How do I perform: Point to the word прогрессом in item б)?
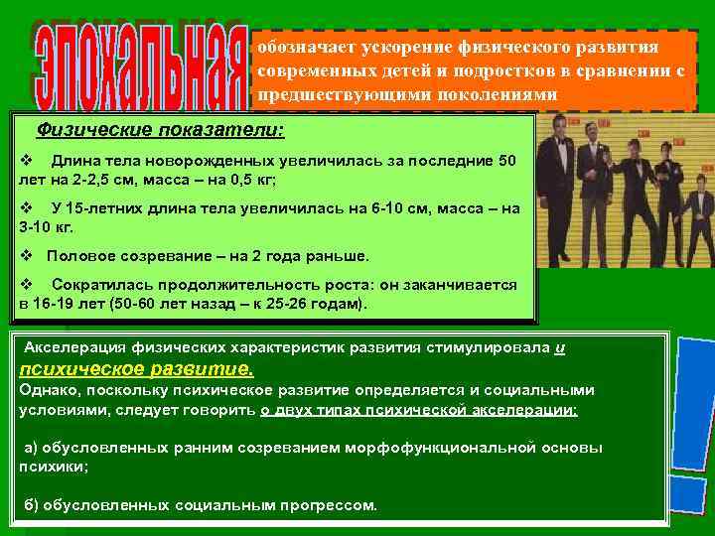pos(328,505)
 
